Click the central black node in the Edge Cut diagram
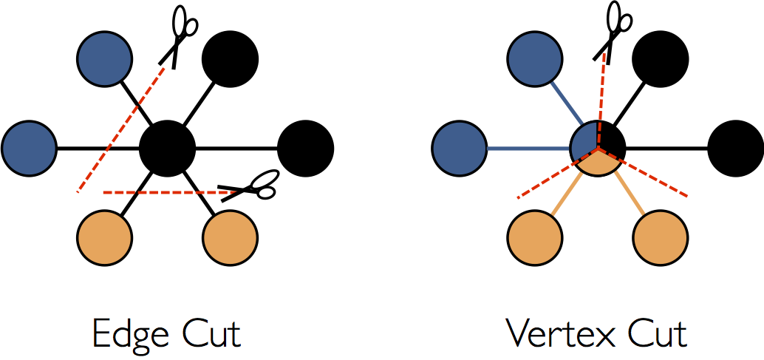[168, 148]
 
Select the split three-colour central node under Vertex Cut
[598, 148]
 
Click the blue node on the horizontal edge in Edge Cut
[30, 149]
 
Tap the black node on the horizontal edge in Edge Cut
[306, 149]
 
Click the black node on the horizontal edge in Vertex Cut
[736, 149]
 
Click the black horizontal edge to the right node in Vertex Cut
[667, 149]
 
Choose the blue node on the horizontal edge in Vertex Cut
[460, 149]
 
